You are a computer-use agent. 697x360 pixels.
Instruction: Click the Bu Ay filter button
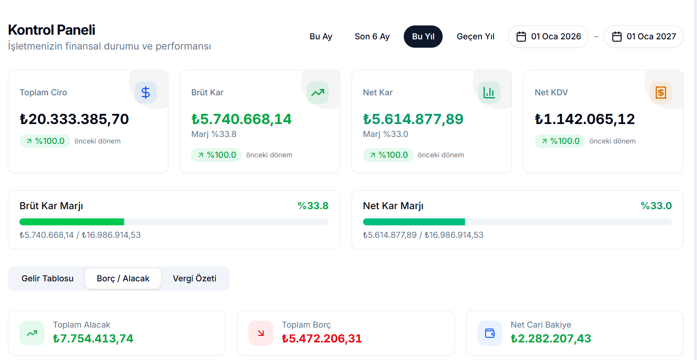(321, 37)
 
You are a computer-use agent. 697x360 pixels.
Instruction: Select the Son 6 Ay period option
(372, 37)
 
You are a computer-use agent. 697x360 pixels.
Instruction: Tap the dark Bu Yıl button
(423, 37)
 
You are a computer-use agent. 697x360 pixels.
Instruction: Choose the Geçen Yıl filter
(475, 37)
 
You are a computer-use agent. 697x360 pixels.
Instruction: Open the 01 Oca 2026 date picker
(549, 37)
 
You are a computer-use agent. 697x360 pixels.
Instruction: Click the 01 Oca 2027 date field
(644, 37)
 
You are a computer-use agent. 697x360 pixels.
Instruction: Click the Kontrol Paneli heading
(52, 30)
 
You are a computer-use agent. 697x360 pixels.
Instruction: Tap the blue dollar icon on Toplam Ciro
(146, 93)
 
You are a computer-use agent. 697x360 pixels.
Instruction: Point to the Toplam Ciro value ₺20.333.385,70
(74, 119)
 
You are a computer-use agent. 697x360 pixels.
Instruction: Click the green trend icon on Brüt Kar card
(317, 93)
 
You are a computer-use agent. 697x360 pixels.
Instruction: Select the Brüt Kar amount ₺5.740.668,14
(241, 119)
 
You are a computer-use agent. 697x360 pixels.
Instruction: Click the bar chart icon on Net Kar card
(489, 93)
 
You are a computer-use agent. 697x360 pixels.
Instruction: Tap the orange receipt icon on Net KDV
(660, 93)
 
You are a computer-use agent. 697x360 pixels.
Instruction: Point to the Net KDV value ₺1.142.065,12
(585, 119)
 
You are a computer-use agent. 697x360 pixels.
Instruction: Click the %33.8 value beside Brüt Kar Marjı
(313, 206)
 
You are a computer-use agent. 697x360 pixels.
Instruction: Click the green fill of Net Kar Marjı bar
(413, 222)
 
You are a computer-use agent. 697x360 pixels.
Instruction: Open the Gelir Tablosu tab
(48, 279)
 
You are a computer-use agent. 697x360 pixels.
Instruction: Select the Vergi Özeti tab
(194, 279)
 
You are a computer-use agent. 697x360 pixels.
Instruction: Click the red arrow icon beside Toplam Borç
(261, 333)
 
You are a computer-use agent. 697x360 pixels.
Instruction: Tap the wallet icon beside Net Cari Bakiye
(489, 333)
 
